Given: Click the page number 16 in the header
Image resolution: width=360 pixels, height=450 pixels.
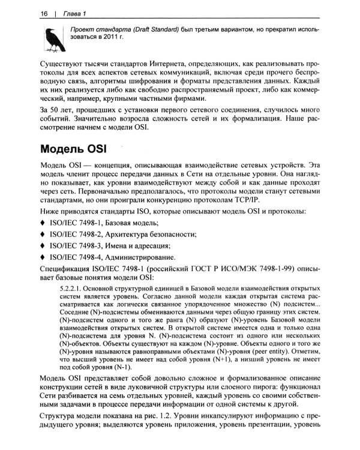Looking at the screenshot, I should pyautogui.click(x=44, y=13).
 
